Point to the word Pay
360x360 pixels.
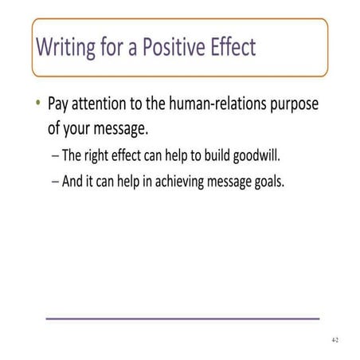click(x=60, y=104)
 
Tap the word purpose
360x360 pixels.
click(x=305, y=104)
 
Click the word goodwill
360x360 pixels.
click(x=285, y=153)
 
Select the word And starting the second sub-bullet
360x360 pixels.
click(x=73, y=180)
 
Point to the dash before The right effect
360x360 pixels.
click(x=53, y=153)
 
